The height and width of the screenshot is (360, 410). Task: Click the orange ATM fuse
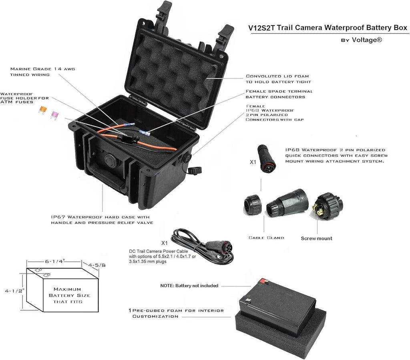pos(42,110)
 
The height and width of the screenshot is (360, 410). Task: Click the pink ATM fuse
pos(54,115)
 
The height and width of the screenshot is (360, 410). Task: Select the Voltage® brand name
pos(367,40)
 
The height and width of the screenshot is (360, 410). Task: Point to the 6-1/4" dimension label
pos(55,261)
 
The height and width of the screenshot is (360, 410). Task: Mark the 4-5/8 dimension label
pos(97,265)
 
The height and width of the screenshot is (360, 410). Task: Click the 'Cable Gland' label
pos(266,238)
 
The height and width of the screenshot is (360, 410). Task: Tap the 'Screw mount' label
pos(316,238)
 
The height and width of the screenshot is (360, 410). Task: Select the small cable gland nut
pos(252,205)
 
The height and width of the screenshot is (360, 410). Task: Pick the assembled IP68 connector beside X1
pos(266,158)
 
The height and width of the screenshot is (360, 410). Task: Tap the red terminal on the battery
pos(263,281)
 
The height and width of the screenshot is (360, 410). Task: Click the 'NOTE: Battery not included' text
pos(189,286)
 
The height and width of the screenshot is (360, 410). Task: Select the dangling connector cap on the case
pos(195,170)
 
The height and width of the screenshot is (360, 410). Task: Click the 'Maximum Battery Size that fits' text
pos(69,296)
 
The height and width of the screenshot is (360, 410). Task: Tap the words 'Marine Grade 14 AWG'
pos(42,69)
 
